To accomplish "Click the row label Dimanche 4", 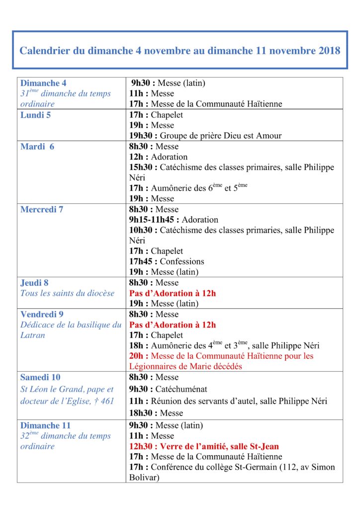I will pyautogui.click(x=43, y=83).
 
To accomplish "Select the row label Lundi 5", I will pyautogui.click(x=36, y=115).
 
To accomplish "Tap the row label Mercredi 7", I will pyautogui.click(x=42, y=209).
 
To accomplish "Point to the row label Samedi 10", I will pyautogui.click(x=40, y=377).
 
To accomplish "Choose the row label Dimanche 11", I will pyautogui.click(x=45, y=425).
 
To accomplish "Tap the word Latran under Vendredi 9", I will pyautogui.click(x=33, y=335).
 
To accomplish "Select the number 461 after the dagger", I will pyautogui.click(x=107, y=401).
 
